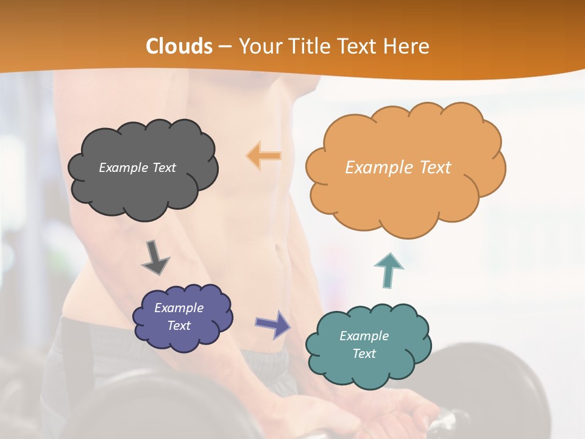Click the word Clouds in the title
(x=179, y=46)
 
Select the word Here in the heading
(x=406, y=46)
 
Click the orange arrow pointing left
(x=264, y=155)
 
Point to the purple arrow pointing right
(x=272, y=324)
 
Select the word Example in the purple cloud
(x=179, y=308)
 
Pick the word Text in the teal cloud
(x=364, y=354)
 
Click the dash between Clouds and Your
(x=224, y=46)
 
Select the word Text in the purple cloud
(x=179, y=326)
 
